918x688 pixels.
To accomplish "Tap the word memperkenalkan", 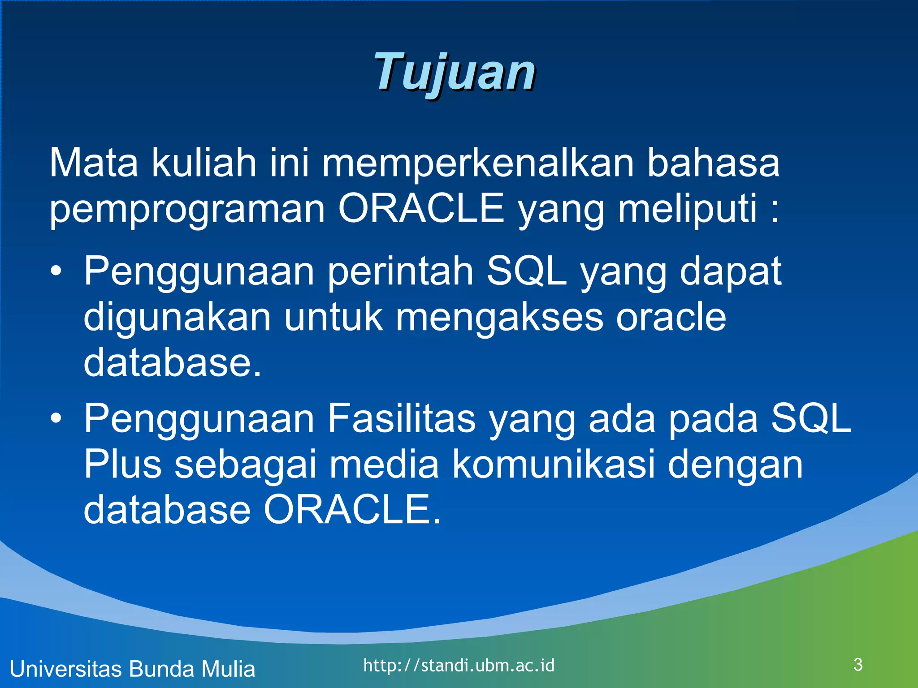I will pos(478,163).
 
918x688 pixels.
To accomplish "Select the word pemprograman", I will pos(187,209).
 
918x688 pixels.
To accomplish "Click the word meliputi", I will pos(687,209).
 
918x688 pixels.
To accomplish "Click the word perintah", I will pos(400,272).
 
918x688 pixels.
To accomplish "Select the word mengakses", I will pos(499,318).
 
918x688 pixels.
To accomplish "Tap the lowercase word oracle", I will pos(671,318).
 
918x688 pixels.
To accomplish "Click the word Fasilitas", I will pos(401,419).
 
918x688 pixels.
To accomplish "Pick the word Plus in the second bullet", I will pos(122,464).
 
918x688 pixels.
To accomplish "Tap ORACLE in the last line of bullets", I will pos(352,510).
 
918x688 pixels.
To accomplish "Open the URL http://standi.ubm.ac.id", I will pos(459,666).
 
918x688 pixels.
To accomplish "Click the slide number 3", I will pos(858,665).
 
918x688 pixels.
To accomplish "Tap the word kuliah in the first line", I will pos(204,163).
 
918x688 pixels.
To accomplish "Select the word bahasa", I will pos(713,163).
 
